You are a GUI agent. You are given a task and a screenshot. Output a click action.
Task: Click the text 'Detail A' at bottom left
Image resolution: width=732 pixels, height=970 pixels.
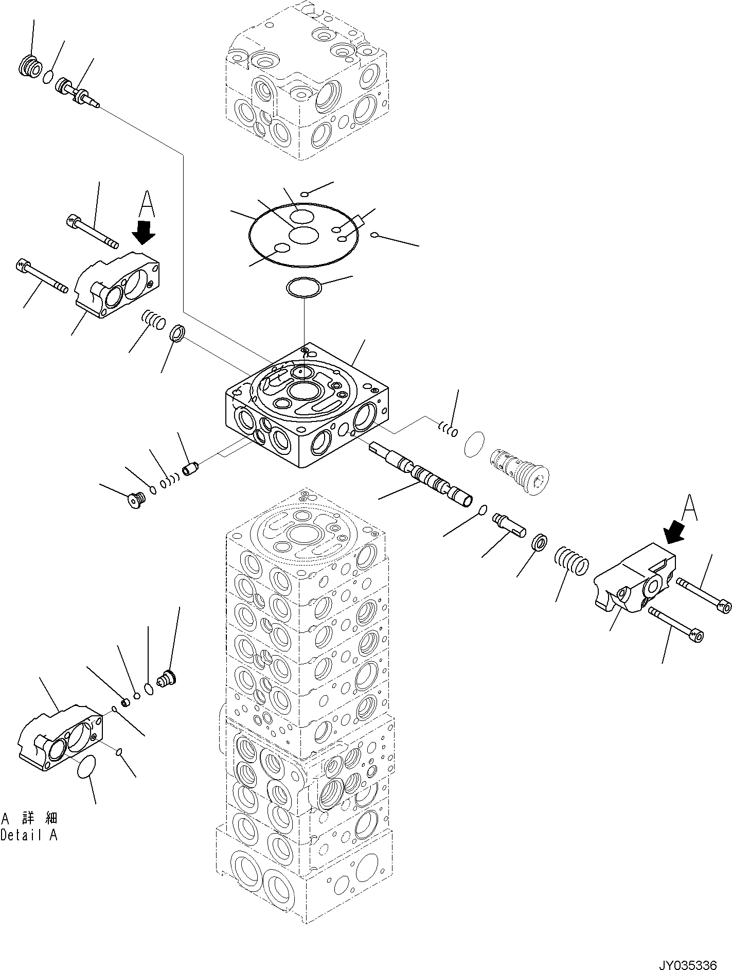click(29, 849)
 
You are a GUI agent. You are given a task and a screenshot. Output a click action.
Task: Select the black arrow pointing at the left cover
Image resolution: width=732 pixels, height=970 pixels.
click(144, 232)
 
